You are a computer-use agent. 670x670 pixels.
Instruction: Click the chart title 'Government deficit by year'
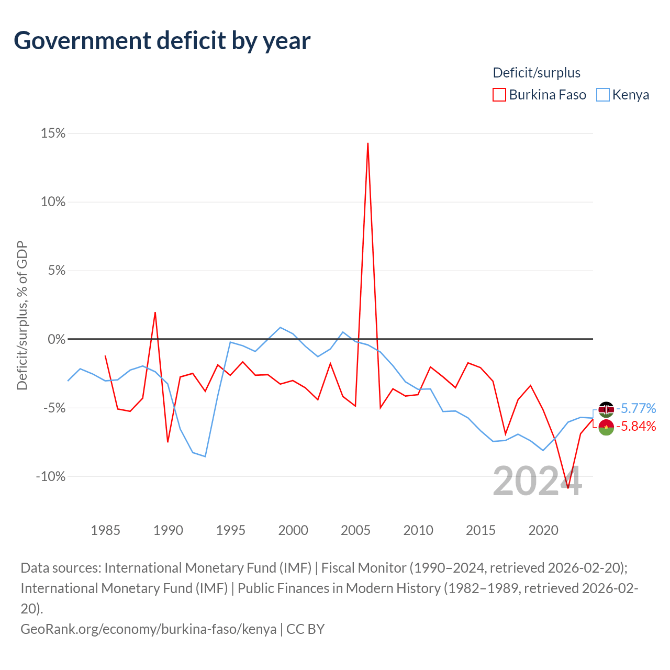tap(162, 41)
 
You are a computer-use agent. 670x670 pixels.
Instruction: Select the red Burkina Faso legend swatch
tap(499, 95)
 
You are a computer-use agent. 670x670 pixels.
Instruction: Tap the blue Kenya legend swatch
tap(603, 95)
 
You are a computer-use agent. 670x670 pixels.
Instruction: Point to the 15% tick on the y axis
tap(53, 133)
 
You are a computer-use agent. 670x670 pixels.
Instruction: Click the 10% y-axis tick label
tap(53, 202)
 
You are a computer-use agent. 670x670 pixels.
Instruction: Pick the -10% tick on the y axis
tap(51, 476)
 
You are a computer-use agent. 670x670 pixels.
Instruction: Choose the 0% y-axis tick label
tap(57, 339)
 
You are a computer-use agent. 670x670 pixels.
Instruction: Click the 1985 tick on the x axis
tap(106, 530)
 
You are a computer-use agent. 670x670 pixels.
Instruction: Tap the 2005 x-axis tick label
tap(356, 530)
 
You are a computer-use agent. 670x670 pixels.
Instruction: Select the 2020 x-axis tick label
tap(543, 530)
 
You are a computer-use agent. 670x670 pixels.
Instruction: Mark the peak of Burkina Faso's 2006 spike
tap(368, 143)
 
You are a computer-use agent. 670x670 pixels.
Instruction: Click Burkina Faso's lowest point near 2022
tap(568, 488)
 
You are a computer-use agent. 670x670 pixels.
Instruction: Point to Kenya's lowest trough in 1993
tap(205, 456)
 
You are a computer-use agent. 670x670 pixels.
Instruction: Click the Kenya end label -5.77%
tap(636, 408)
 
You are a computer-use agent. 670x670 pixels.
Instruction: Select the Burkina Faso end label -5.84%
tap(636, 427)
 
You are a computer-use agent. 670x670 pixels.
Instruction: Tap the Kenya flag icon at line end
tap(606, 409)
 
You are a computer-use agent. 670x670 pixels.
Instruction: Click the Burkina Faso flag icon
tap(606, 427)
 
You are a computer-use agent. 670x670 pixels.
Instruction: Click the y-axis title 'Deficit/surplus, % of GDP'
tap(22, 316)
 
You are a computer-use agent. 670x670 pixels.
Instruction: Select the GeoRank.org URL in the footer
tap(148, 629)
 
